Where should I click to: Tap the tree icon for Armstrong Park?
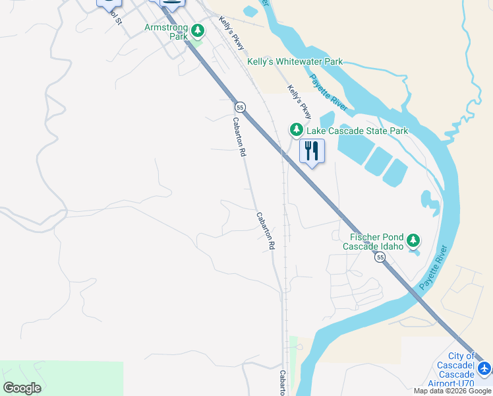(197, 30)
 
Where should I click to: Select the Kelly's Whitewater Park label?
(295, 62)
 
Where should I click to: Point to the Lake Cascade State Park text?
(357, 131)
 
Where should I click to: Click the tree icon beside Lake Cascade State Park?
(296, 129)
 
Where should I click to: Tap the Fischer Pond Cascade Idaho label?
(373, 242)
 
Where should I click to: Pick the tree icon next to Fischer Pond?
(413, 240)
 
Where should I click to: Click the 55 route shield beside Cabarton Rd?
(240, 107)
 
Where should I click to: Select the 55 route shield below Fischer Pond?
(380, 258)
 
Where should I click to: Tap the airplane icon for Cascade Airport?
(484, 368)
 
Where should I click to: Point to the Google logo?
(22, 388)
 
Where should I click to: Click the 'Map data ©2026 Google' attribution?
(452, 391)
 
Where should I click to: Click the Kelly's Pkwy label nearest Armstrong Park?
(232, 33)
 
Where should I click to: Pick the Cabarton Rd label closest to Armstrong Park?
(239, 137)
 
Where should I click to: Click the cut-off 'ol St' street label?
(115, 16)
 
